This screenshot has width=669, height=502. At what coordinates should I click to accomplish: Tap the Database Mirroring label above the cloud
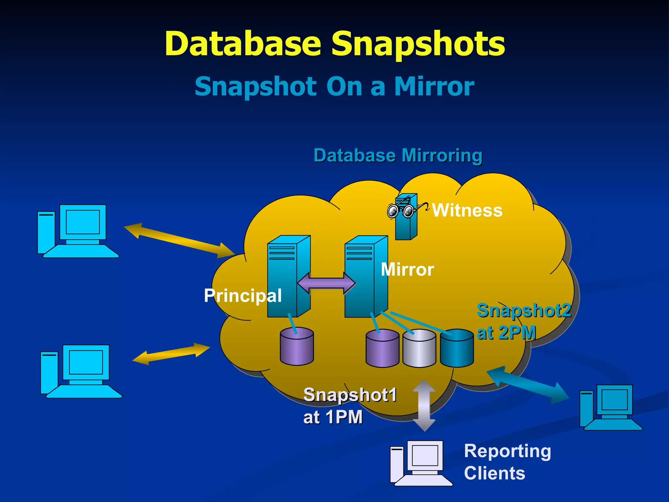[x=398, y=156]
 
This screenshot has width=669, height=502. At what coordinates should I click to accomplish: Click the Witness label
[x=467, y=210]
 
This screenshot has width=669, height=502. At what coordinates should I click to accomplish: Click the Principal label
[x=242, y=295]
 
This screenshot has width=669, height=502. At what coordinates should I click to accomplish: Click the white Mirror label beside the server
[x=407, y=270]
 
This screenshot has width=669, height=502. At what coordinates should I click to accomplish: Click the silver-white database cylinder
[x=419, y=348]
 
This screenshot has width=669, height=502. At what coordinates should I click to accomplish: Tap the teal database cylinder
[x=457, y=348]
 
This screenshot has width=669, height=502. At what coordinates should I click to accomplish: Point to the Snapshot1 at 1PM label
[x=350, y=406]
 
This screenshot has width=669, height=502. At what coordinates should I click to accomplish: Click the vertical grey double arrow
[x=424, y=405]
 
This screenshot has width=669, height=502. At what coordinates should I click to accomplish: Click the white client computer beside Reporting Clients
[x=421, y=462]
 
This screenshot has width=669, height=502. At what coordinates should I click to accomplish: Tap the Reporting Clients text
[x=507, y=462]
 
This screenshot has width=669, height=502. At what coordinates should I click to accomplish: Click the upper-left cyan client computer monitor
[x=83, y=222]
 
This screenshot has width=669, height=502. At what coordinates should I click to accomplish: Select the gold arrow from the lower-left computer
[x=171, y=354]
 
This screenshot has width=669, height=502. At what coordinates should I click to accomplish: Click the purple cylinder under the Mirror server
[x=382, y=348]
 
